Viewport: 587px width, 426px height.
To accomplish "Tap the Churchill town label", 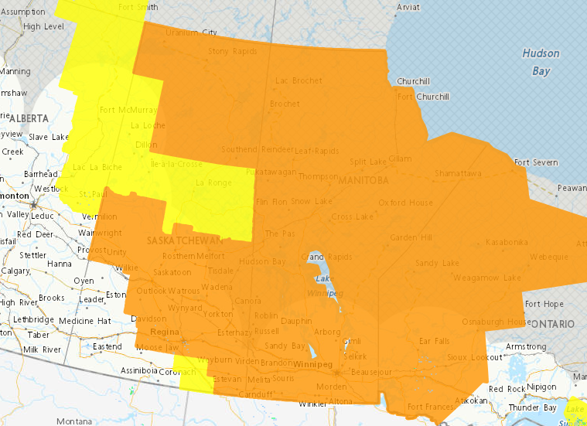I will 412,81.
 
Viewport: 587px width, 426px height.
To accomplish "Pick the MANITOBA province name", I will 363,179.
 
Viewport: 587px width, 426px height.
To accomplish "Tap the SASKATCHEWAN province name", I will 184,241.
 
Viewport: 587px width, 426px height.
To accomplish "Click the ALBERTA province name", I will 29,118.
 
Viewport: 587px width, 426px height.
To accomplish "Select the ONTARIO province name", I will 551,323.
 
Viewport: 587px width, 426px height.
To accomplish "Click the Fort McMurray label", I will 128,111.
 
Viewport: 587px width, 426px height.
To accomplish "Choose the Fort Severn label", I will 535,162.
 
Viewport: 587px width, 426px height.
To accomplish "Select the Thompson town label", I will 318,176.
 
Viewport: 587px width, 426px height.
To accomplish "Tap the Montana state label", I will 73,421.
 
